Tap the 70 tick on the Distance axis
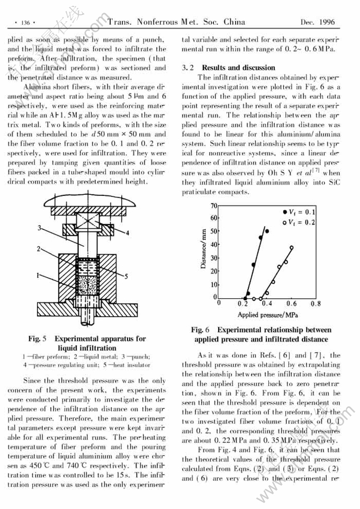coord(214,205)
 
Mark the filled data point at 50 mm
coord(267,231)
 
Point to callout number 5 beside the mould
coord(127,275)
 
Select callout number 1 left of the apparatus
coord(39,276)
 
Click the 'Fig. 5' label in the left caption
coord(38,338)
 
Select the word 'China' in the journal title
coord(233,22)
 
